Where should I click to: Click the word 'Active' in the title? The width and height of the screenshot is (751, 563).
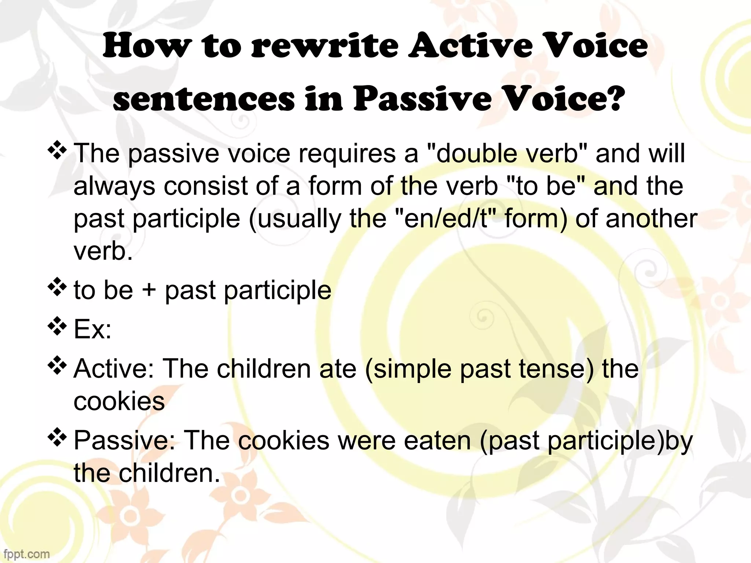pyautogui.click(x=470, y=47)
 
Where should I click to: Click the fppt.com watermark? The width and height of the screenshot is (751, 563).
pyautogui.click(x=25, y=553)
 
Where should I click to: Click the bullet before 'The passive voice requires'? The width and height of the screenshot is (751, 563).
pyautogui.click(x=57, y=151)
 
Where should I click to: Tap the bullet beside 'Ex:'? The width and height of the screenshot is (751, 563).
pyautogui.click(x=57, y=327)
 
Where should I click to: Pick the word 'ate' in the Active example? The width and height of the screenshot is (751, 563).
pyautogui.click(x=338, y=368)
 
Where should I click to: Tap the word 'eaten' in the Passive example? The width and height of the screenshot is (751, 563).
pyautogui.click(x=437, y=440)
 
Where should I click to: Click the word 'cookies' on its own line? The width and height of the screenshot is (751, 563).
pyautogui.click(x=119, y=401)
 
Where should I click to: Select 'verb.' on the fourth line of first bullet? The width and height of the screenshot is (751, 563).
pyautogui.click(x=103, y=252)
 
